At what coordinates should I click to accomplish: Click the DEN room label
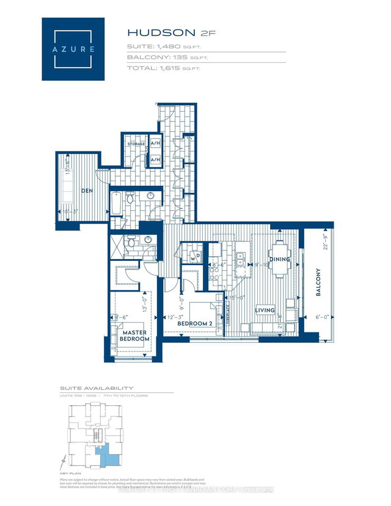click(x=87, y=191)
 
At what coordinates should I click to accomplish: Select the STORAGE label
click(x=136, y=144)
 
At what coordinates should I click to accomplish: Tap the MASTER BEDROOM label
click(x=134, y=335)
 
